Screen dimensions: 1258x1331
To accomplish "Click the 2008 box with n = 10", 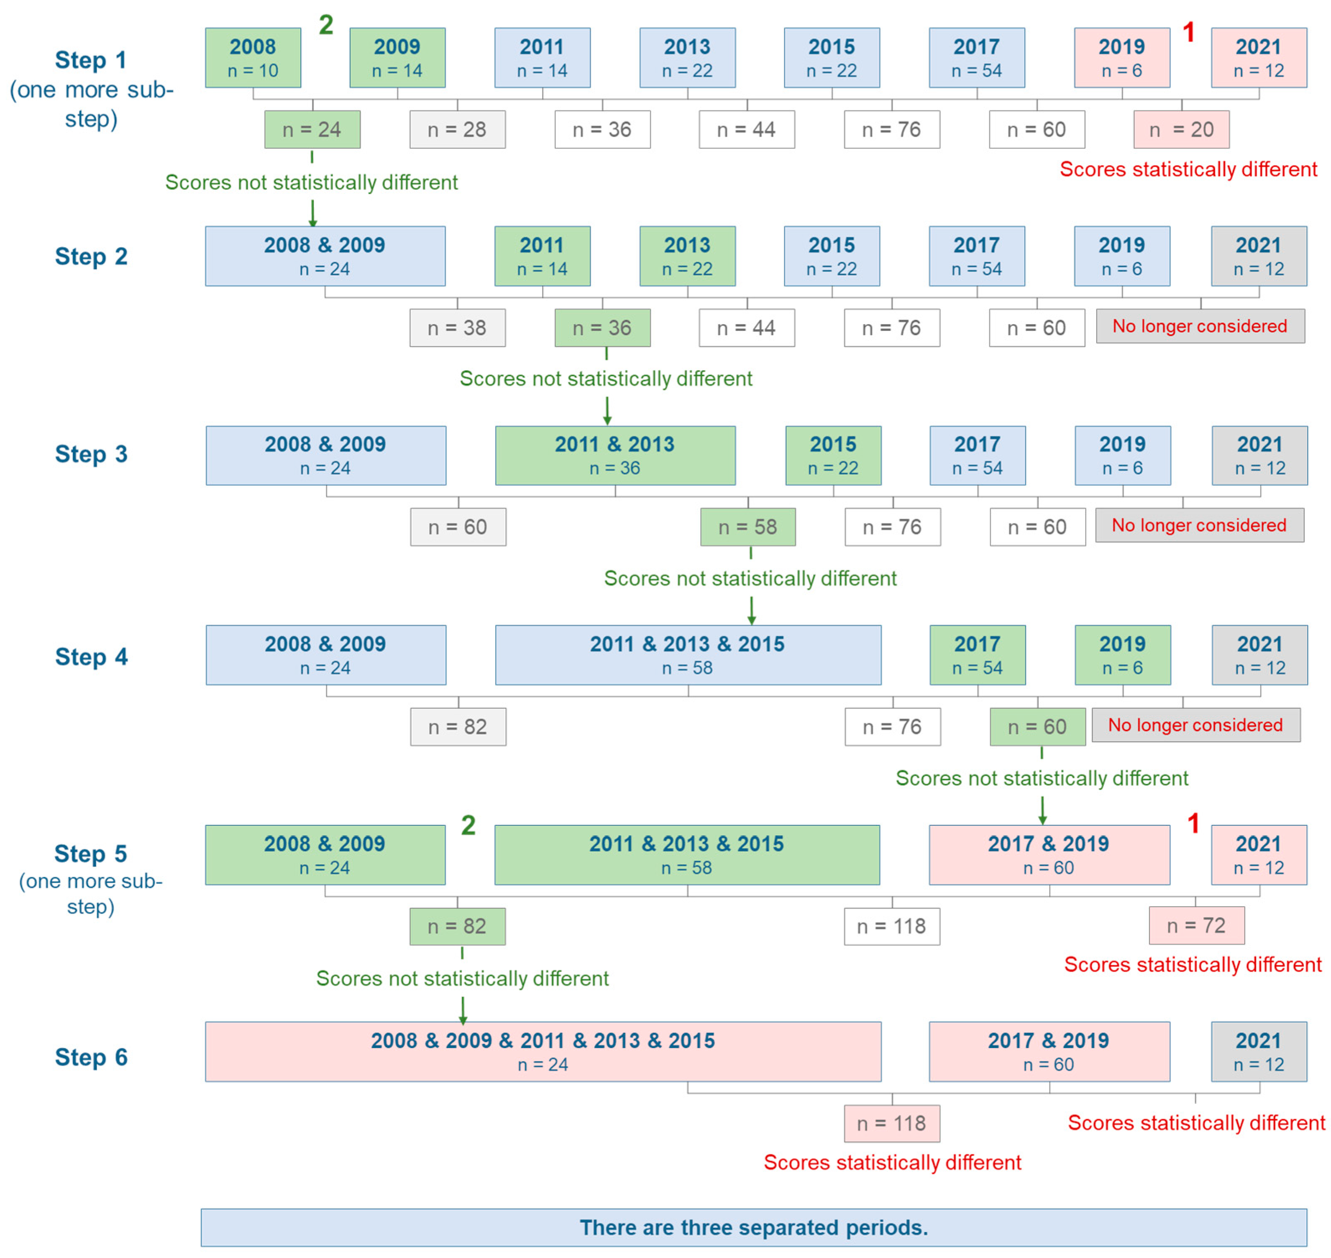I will click(x=253, y=58).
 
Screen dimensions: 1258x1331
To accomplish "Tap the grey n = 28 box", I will click(x=457, y=129).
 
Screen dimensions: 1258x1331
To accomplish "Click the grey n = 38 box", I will click(x=457, y=328).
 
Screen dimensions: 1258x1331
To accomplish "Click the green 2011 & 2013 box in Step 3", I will click(x=615, y=455).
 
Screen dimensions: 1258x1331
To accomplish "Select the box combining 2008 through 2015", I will click(x=543, y=1051).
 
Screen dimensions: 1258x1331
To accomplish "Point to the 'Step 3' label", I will click(x=91, y=454).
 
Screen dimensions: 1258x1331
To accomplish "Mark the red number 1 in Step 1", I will click(x=1189, y=32).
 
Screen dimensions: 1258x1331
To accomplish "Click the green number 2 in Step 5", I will click(x=468, y=825).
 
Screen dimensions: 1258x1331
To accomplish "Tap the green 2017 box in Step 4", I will click(x=977, y=655).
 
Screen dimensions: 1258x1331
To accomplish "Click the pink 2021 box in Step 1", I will click(x=1259, y=58).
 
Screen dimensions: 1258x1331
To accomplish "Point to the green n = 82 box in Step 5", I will click(x=457, y=926).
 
